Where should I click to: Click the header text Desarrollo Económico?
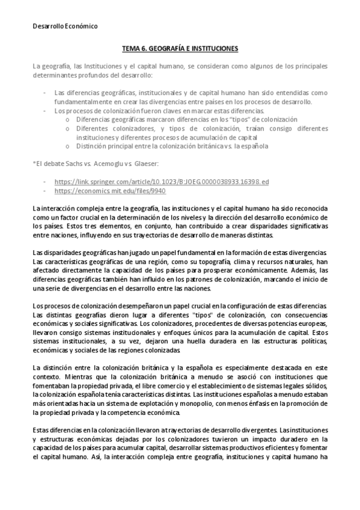[64, 26]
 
